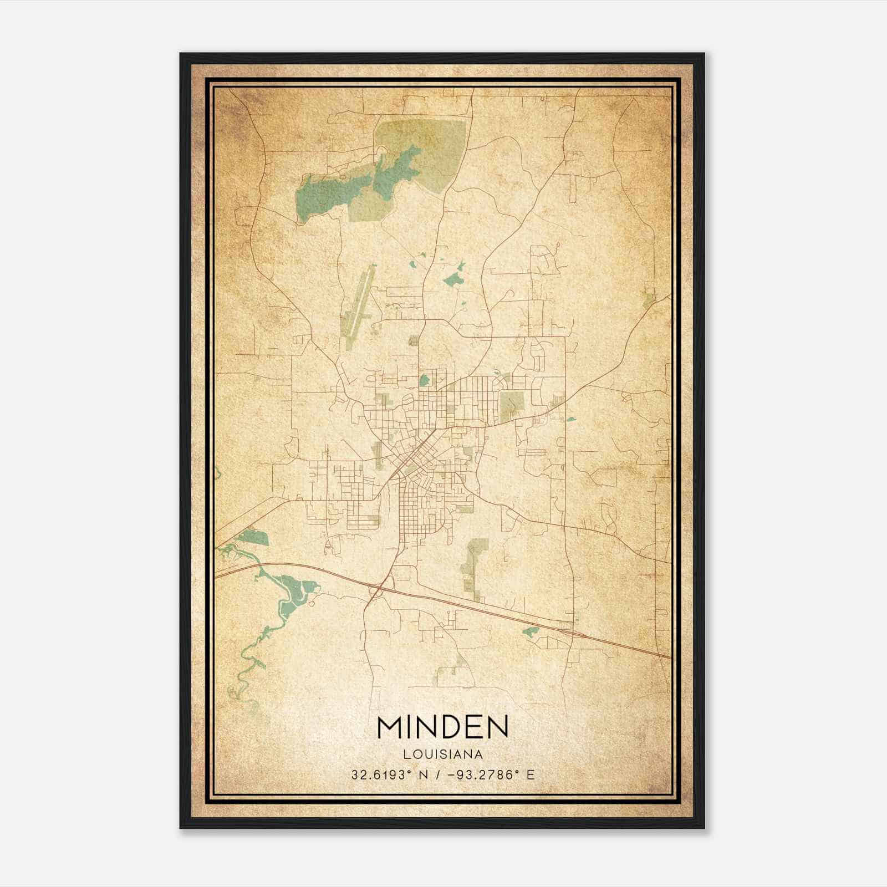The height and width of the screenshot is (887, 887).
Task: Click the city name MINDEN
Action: (442, 727)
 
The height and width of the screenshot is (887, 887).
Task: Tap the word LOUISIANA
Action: (442, 755)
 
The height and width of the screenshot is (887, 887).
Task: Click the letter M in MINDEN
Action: (391, 727)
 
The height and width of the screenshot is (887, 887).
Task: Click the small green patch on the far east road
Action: (649, 300)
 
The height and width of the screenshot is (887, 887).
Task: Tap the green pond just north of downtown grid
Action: (425, 380)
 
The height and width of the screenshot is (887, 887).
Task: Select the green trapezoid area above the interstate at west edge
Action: (254, 536)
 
